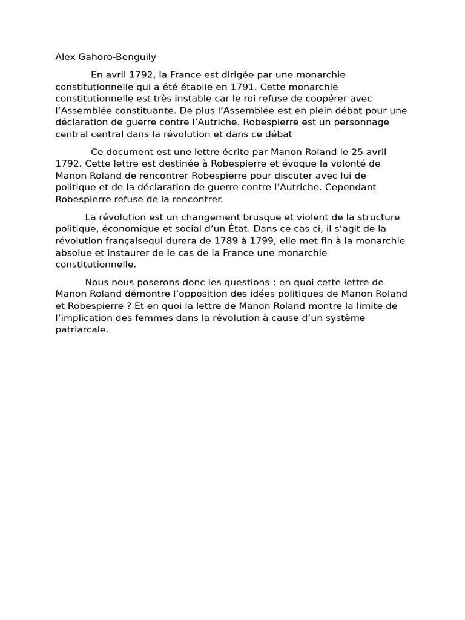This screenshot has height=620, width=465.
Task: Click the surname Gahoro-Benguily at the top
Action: pyautogui.click(x=117, y=58)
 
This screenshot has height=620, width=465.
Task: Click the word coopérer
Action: pyautogui.click(x=340, y=99)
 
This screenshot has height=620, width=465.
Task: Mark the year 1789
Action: pyautogui.click(x=223, y=240)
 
